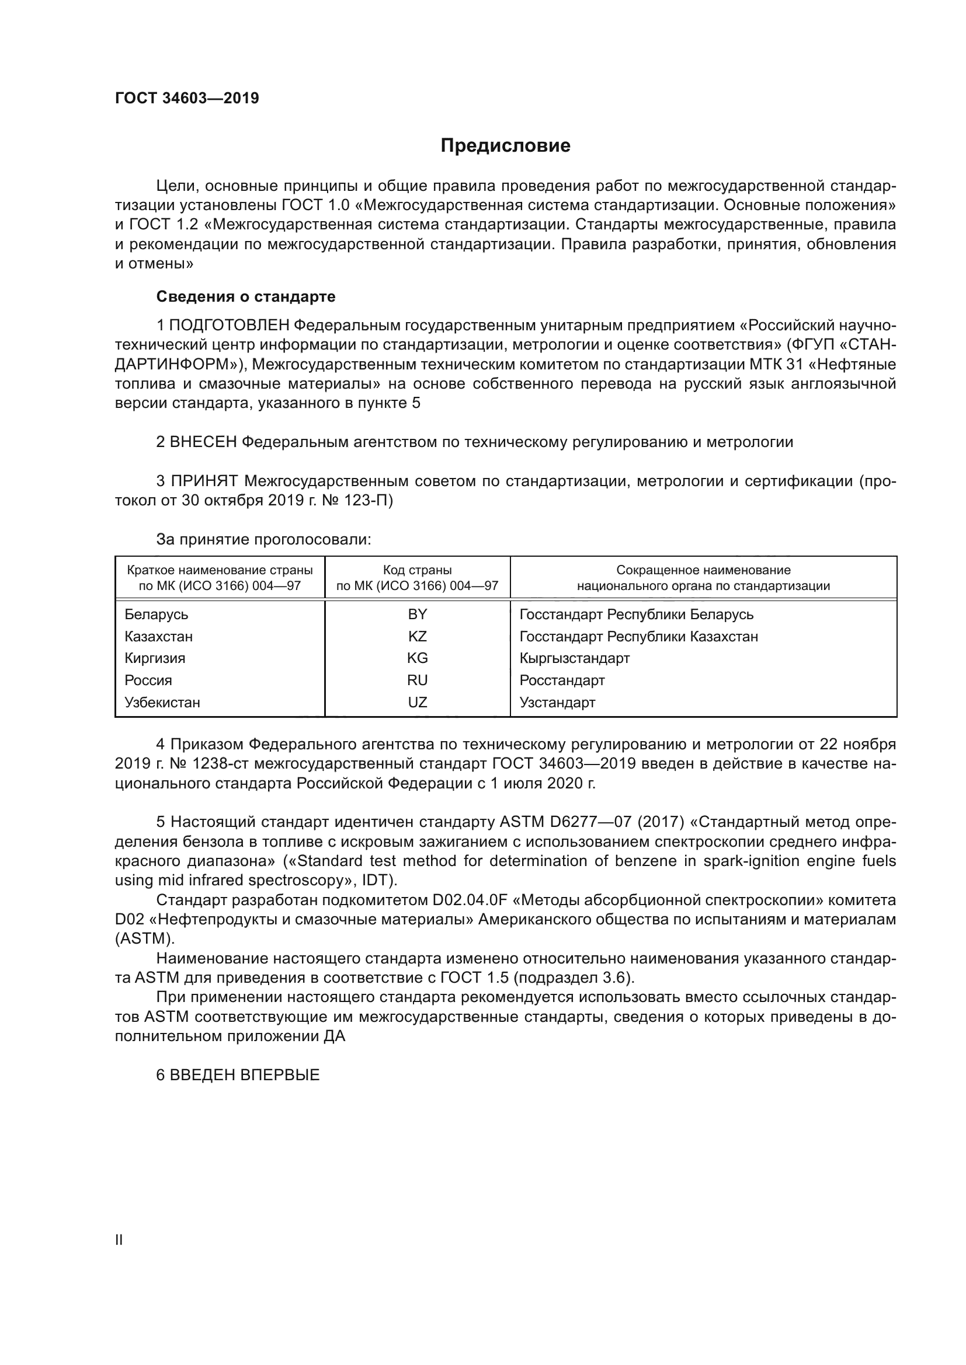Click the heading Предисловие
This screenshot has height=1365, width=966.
pyautogui.click(x=505, y=146)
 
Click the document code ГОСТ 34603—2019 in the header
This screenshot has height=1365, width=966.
pyautogui.click(x=187, y=99)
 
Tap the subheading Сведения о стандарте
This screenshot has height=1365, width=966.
pyautogui.click(x=246, y=296)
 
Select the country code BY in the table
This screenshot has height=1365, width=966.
pyautogui.click(x=417, y=614)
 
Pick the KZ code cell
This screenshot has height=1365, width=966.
pyautogui.click(x=417, y=636)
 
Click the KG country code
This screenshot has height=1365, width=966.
pyautogui.click(x=417, y=658)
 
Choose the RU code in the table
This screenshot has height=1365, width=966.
pyautogui.click(x=417, y=680)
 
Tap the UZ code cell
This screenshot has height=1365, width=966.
pyautogui.click(x=417, y=702)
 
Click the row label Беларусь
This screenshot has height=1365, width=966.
pyautogui.click(x=156, y=614)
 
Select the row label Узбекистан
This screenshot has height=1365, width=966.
pyautogui.click(x=162, y=702)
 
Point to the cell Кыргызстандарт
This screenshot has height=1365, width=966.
pyautogui.click(x=574, y=658)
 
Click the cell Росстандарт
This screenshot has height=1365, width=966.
pyautogui.click(x=561, y=680)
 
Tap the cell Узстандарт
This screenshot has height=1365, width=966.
pyautogui.click(x=557, y=702)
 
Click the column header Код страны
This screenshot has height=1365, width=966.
pyautogui.click(x=417, y=570)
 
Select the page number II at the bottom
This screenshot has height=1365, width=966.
pyautogui.click(x=119, y=1240)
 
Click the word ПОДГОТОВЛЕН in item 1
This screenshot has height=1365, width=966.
pyautogui.click(x=230, y=325)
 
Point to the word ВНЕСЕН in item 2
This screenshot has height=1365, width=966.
pyautogui.click(x=203, y=442)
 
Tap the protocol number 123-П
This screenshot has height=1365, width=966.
pyautogui.click(x=368, y=500)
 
